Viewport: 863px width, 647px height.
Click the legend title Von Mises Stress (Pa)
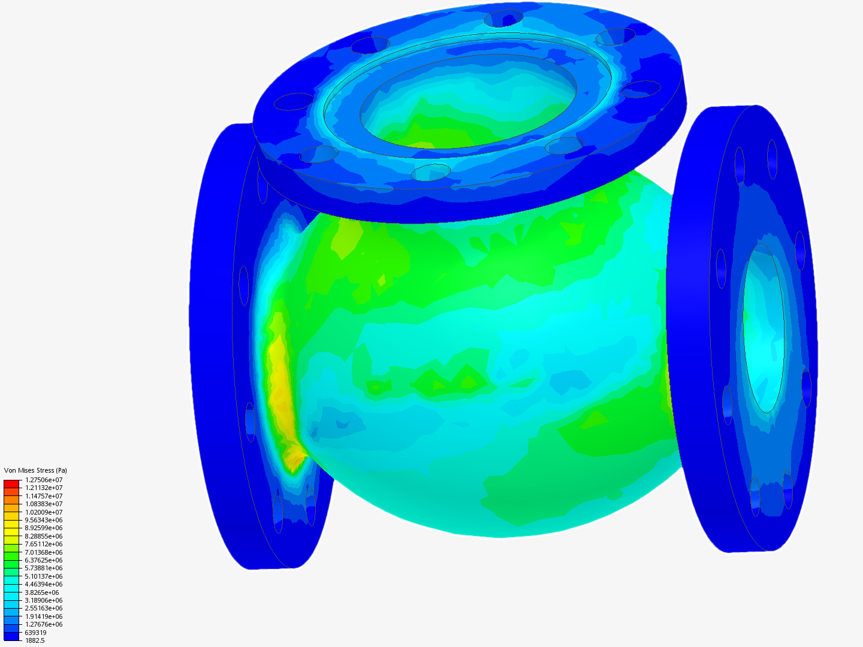point(35,470)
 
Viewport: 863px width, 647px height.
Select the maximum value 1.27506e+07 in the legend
point(44,480)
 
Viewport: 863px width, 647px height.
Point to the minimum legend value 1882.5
point(35,640)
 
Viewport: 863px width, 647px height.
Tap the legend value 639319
point(35,633)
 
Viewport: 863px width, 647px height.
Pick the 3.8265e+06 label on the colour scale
point(42,592)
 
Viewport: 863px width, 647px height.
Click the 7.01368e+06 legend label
point(44,552)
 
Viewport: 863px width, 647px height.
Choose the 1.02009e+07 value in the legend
point(44,512)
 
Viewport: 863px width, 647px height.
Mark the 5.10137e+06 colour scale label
point(44,576)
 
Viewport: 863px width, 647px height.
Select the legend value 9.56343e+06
point(44,520)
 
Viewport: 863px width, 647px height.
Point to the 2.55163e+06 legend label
point(44,608)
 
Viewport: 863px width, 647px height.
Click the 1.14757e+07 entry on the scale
point(44,496)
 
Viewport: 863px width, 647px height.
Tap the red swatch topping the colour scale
point(11,483)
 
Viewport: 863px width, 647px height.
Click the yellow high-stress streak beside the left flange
point(279,383)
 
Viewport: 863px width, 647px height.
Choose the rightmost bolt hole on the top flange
point(640,89)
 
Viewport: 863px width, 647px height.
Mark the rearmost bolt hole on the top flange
point(503,19)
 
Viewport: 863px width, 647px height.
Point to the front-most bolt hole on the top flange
point(431,172)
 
